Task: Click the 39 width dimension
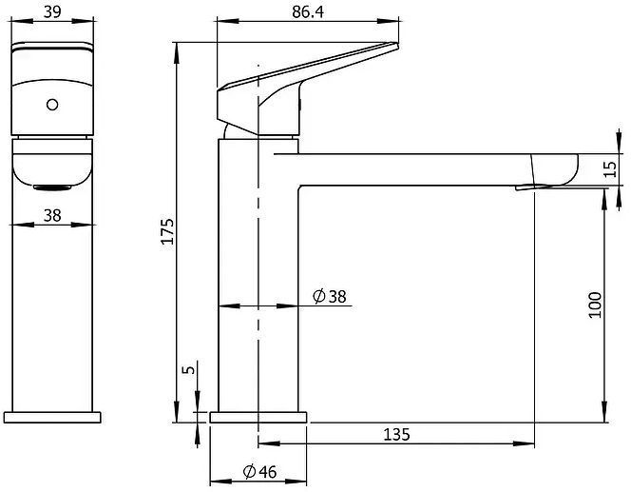pos(52,11)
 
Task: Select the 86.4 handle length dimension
pos(308,12)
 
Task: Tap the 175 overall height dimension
pos(167,231)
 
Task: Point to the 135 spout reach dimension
pos(396,434)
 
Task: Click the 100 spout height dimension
pos(595,305)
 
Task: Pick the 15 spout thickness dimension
pos(610,169)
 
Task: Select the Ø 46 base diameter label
pos(260,471)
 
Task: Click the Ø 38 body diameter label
pos(329,297)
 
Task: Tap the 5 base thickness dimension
pos(188,369)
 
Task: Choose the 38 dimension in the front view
pos(52,216)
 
